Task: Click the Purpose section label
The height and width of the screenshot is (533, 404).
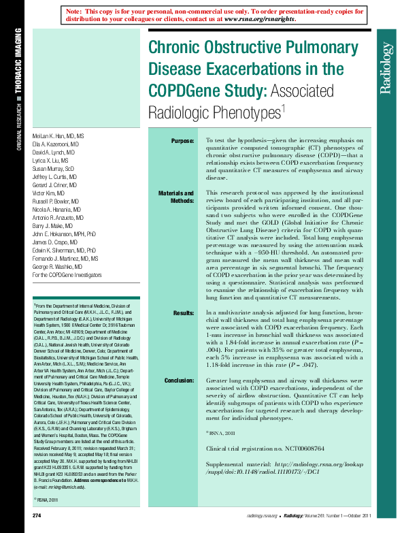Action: coord(182,141)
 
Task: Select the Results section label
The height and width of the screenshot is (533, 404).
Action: coord(183,313)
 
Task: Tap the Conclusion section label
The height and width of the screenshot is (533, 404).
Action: coord(179,380)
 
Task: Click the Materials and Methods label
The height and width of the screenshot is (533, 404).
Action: coord(176,197)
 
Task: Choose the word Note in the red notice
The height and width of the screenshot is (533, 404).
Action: coord(75,12)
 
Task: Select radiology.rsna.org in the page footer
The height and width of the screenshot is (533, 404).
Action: coord(262,518)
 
